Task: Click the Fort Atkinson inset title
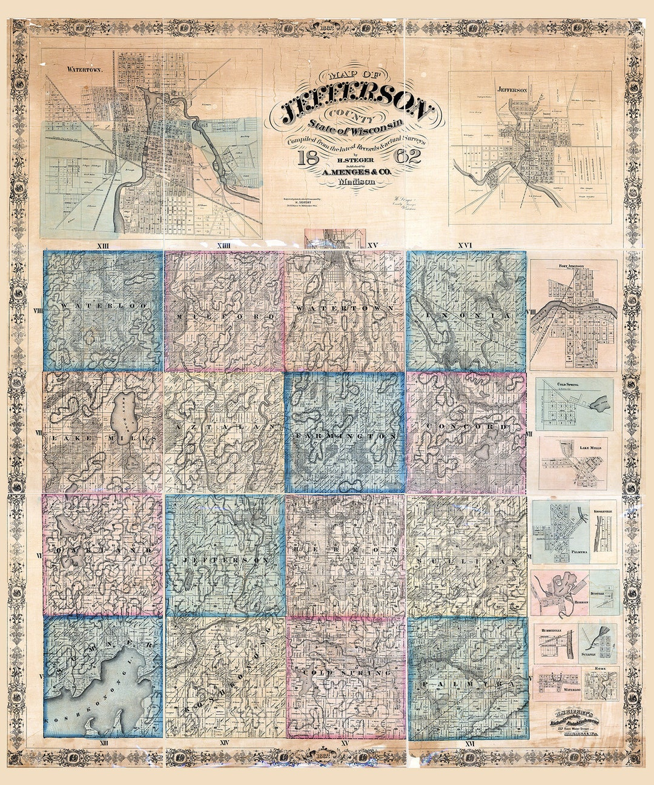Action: click(x=573, y=266)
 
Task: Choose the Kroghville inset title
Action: click(x=603, y=511)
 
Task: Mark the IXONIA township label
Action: click(x=465, y=316)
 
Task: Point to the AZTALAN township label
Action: click(x=224, y=427)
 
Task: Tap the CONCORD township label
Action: click(x=466, y=427)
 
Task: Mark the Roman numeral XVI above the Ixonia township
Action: click(x=465, y=245)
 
